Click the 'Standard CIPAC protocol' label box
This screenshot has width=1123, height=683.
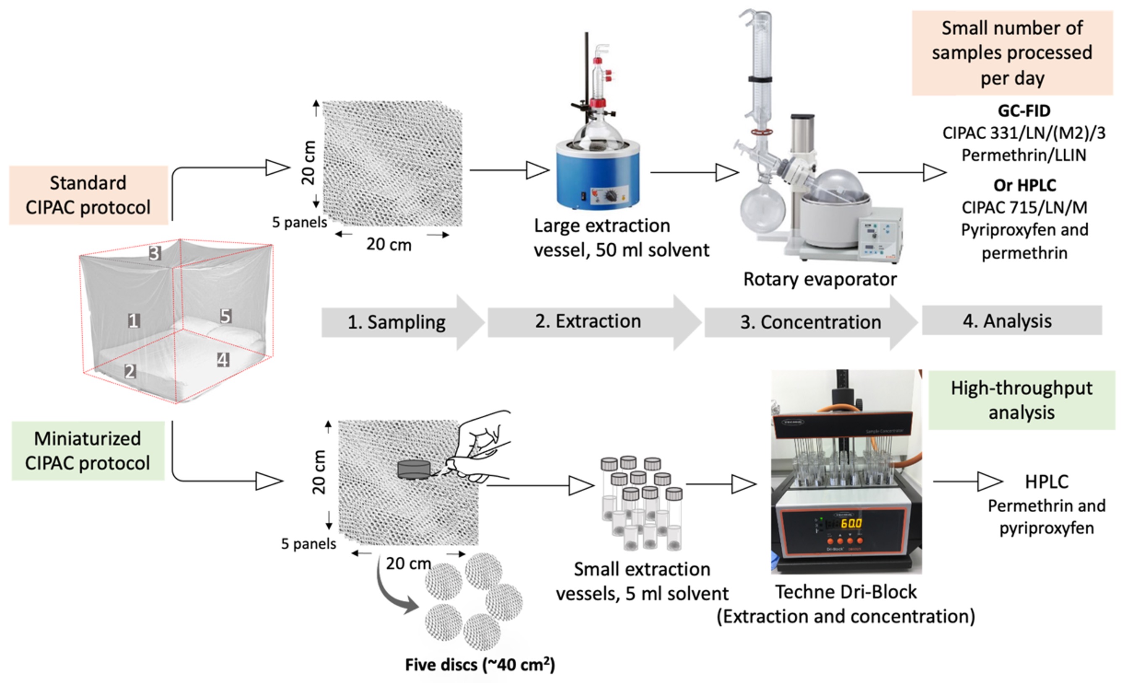pos(89,195)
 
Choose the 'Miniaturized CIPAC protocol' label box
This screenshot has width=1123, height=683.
pos(88,451)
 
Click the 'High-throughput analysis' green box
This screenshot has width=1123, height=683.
pos(1021,400)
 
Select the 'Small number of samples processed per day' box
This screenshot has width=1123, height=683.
pos(1012,53)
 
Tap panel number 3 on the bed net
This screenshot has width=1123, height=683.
pos(155,253)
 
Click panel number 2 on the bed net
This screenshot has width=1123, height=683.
pos(131,371)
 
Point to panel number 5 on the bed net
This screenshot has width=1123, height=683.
pos(226,316)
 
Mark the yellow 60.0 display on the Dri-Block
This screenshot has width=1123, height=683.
pos(851,523)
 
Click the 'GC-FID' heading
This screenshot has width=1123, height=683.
pos(1024,111)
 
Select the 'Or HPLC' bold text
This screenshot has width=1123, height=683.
pos(1024,185)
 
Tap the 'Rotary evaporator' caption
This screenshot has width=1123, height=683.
pos(820,279)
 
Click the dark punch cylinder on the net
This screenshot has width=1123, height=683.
pos(414,470)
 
